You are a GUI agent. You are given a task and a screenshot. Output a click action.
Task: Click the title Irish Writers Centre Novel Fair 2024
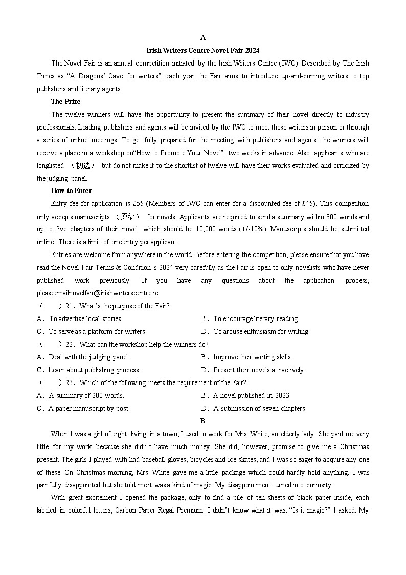tap(203, 50)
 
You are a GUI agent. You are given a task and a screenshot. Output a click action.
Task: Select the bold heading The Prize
tap(65, 101)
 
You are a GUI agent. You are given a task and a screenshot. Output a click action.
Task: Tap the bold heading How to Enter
tap(71, 190)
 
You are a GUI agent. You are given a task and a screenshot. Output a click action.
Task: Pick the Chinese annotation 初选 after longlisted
tap(82, 165)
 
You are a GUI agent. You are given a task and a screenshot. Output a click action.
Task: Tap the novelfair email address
tap(98, 293)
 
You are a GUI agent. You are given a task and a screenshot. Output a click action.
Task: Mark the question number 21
tap(71, 306)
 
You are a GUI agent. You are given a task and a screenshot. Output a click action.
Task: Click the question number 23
tap(71, 382)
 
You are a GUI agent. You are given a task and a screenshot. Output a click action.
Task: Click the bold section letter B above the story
tap(202, 421)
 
